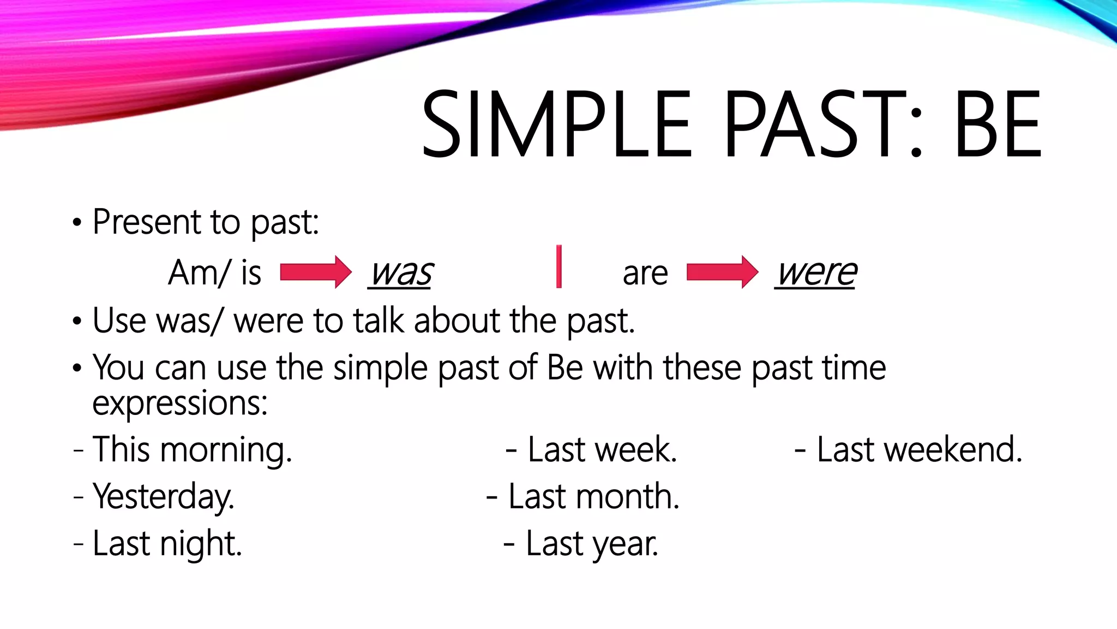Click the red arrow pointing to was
point(315,272)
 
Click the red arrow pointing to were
point(722,272)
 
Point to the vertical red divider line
point(558,266)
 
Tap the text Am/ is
point(214,273)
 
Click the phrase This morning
point(192,450)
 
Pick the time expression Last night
point(167,544)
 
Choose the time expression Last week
point(602,450)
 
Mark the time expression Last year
point(591,544)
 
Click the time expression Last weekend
point(919,450)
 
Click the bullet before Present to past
point(77,223)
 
